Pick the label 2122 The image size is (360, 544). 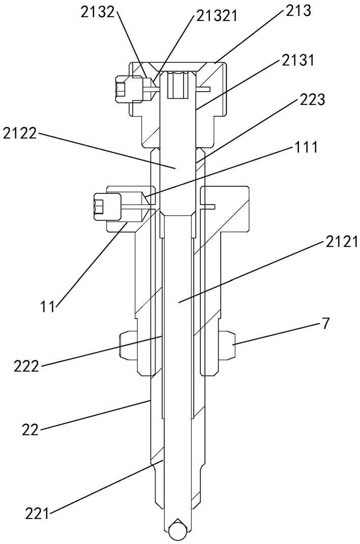pyautogui.click(x=20, y=134)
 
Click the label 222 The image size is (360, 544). pyautogui.click(x=25, y=366)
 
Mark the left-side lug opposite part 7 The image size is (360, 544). pyautogui.click(x=127, y=345)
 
